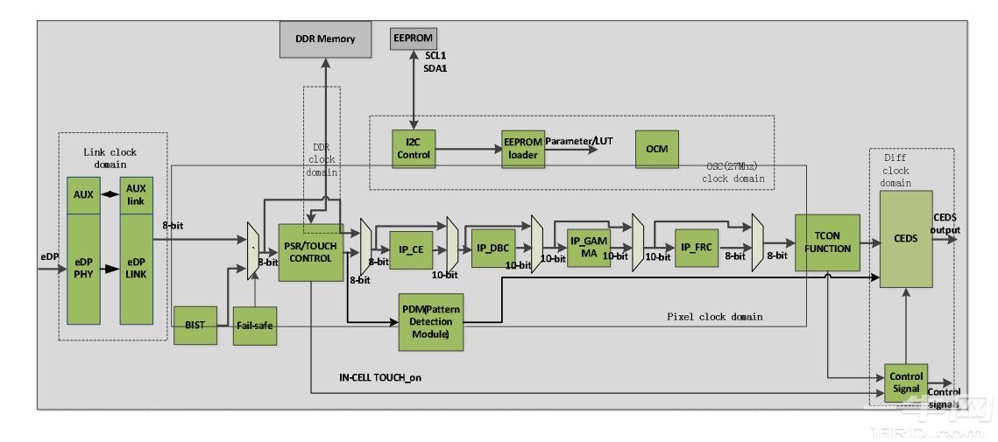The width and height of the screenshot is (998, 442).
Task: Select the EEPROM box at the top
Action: (x=412, y=39)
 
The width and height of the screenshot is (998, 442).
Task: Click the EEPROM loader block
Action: (x=521, y=149)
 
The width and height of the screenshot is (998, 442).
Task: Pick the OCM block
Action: (x=656, y=149)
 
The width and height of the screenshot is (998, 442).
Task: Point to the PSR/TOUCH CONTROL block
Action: (x=310, y=252)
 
